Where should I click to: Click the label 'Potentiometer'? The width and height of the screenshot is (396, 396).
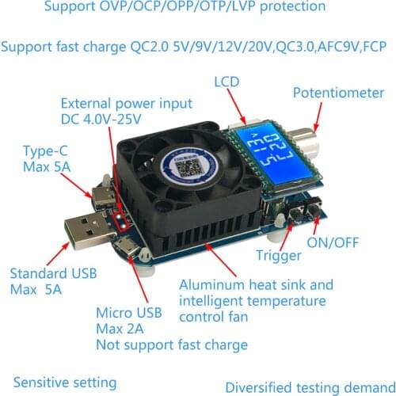pos(338,93)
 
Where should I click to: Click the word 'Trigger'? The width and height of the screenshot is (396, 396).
pos(278,256)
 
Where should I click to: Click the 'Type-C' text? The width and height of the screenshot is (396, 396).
pos(44,150)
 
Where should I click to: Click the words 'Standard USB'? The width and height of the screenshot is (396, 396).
pos(52,274)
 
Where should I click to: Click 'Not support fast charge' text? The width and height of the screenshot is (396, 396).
pos(172,345)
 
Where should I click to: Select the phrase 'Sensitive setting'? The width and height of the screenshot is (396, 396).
pos(64,383)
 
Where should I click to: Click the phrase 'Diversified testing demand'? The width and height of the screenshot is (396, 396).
pos(310,387)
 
